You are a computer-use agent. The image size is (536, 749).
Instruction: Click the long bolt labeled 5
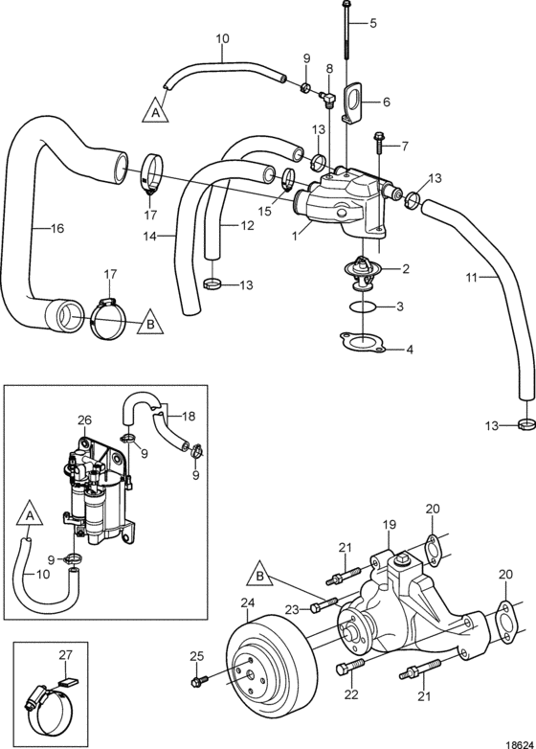coord(346,30)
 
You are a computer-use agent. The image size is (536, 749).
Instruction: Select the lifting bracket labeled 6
coord(354,103)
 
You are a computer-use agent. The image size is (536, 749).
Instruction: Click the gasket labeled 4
coord(362,342)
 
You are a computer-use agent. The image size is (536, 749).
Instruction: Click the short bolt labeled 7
coord(379,143)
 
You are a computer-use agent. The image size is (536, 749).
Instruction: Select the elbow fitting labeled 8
coord(329,101)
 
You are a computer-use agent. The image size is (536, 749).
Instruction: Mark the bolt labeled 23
coord(324,604)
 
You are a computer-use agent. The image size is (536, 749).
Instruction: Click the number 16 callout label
coord(56,228)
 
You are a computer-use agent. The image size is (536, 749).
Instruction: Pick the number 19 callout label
coord(389,525)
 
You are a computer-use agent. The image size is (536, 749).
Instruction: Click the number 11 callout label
coord(472,277)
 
